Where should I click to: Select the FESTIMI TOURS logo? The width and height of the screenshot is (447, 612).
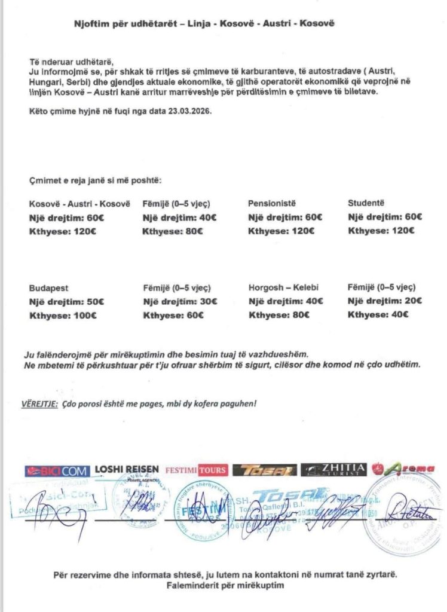[x=195, y=470]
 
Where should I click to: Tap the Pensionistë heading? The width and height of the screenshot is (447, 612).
[x=272, y=204]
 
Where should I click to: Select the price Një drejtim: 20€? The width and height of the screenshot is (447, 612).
[x=385, y=301]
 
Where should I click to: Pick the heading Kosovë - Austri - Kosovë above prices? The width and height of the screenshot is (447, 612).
[x=79, y=204]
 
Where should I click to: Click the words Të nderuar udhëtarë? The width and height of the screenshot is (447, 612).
[x=71, y=62]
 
